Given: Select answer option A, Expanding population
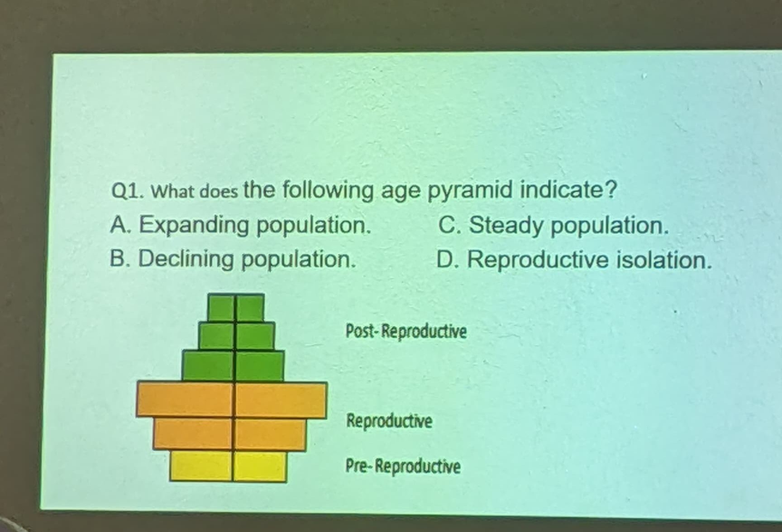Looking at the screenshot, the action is [x=241, y=225].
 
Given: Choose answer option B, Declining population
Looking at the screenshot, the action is [x=233, y=259].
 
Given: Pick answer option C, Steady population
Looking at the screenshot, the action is [x=553, y=225].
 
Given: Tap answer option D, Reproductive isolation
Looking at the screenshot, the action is [x=574, y=260].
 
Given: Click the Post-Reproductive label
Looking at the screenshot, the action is [x=406, y=331].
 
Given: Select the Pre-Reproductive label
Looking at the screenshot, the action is [x=403, y=466].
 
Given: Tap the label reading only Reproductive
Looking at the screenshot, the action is [x=389, y=421].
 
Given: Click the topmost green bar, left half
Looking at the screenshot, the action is [x=221, y=308].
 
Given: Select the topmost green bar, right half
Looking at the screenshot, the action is [x=250, y=308].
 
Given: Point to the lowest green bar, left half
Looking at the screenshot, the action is [x=208, y=365].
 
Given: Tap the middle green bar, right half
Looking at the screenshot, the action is [x=255, y=336].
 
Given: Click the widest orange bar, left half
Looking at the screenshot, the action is [x=185, y=399].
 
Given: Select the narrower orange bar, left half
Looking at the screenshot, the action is [x=193, y=433].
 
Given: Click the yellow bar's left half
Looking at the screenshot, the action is [x=201, y=465].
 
